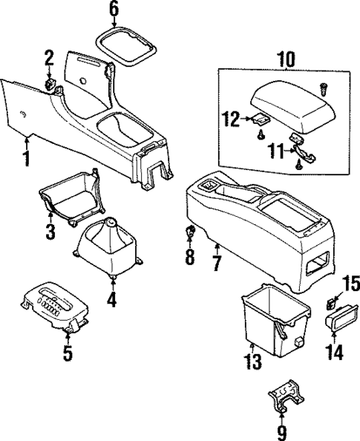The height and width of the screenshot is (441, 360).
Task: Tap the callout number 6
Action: tap(114, 10)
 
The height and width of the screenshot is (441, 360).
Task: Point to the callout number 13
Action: tap(254, 362)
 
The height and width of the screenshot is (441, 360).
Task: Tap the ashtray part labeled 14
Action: tap(338, 320)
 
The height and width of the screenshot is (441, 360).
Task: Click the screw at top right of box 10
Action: tap(324, 88)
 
